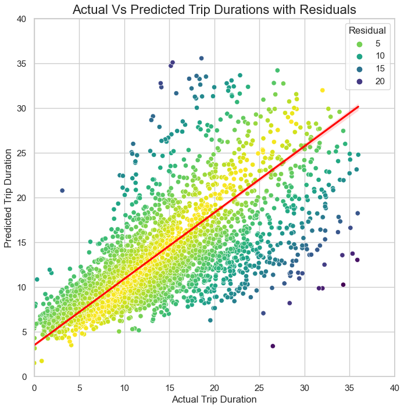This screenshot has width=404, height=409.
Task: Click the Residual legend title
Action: click(364, 30)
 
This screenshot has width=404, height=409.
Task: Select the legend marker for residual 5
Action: click(360, 44)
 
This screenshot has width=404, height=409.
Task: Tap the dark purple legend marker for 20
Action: click(360, 81)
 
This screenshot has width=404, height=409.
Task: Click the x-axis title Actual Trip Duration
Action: click(214, 400)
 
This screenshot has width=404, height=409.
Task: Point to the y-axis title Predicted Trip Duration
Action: click(8, 198)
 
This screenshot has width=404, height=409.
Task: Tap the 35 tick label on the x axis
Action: click(349, 387)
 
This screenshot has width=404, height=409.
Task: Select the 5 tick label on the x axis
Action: click(80, 387)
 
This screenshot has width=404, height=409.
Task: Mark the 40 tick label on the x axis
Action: click(394, 387)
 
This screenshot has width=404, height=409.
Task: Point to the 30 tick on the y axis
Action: click(22, 108)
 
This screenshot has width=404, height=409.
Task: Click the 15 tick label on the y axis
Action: click(22, 242)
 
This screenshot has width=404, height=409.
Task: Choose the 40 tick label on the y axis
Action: click(22, 19)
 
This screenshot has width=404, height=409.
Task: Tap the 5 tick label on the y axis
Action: click(24, 332)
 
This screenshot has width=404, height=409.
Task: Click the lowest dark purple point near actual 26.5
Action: click(273, 346)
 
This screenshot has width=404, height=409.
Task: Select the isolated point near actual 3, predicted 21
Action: click(62, 191)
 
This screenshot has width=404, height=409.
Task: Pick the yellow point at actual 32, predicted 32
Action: click(322, 90)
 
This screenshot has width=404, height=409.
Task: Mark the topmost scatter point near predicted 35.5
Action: click(201, 58)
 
